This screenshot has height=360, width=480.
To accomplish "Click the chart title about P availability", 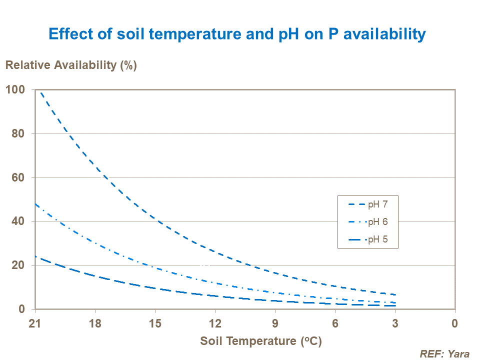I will [x=237, y=34].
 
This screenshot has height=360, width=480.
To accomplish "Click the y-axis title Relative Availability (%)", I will [x=71, y=65].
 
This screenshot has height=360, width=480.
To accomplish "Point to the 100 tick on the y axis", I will [x=15, y=89].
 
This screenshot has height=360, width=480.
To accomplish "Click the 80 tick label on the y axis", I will [x=18, y=133].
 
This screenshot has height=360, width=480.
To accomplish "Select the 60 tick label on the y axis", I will [x=18, y=177].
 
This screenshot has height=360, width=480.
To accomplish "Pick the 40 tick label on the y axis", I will [x=18, y=221].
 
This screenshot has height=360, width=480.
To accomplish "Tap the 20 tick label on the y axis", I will [x=18, y=265].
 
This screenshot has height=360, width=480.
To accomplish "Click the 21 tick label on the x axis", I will [x=35, y=322].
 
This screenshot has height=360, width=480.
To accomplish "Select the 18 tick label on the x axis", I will [x=95, y=322].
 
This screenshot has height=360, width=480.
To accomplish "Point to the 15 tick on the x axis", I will [x=155, y=322].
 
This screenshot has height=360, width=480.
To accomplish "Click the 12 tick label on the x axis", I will [x=215, y=322].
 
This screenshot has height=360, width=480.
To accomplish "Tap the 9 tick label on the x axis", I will [x=275, y=322].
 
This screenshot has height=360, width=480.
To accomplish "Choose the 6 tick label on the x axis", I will [x=335, y=322].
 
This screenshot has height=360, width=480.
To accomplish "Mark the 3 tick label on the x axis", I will [x=395, y=322].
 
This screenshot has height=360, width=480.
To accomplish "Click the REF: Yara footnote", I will [x=444, y=354].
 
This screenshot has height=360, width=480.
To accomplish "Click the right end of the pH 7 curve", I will [x=395, y=294].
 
